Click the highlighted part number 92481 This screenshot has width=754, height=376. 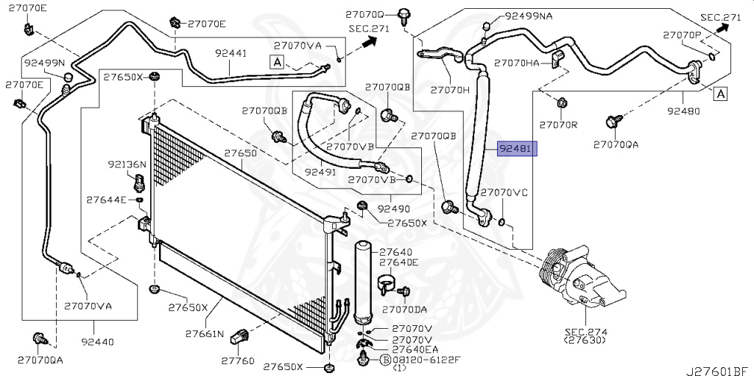click(x=518, y=150)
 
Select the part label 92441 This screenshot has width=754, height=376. click(x=230, y=54)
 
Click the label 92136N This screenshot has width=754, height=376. click(x=127, y=164)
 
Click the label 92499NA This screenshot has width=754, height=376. click(x=527, y=16)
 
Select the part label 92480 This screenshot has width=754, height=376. click(x=685, y=112)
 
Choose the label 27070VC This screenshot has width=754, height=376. click(x=504, y=192)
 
